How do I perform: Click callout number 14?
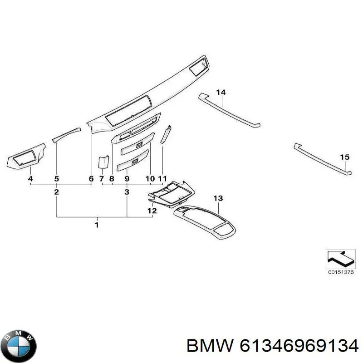(x=221, y=93)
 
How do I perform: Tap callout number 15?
(x=345, y=157)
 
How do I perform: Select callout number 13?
(x=218, y=198)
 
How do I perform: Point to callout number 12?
(x=152, y=211)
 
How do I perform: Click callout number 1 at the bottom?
(x=97, y=225)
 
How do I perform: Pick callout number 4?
(x=30, y=179)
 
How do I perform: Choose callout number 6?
(x=91, y=179)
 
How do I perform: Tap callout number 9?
(x=127, y=179)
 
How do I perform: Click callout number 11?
(x=162, y=179)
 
